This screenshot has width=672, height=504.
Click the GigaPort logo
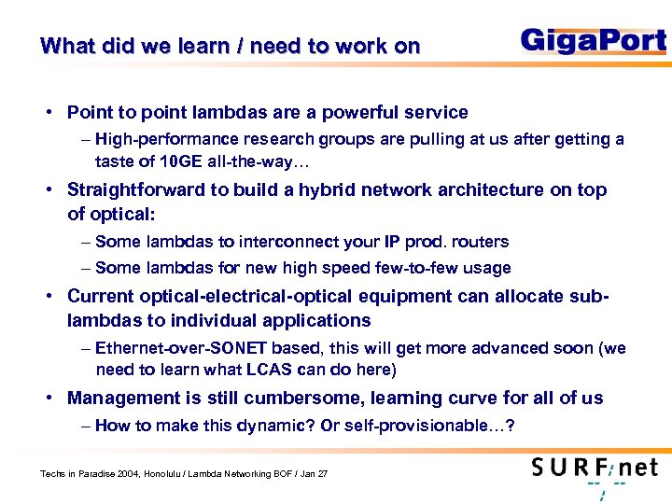pos(593,41)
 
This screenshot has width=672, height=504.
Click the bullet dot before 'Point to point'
pos(46,113)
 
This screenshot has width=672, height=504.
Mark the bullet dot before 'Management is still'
pos(46,399)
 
